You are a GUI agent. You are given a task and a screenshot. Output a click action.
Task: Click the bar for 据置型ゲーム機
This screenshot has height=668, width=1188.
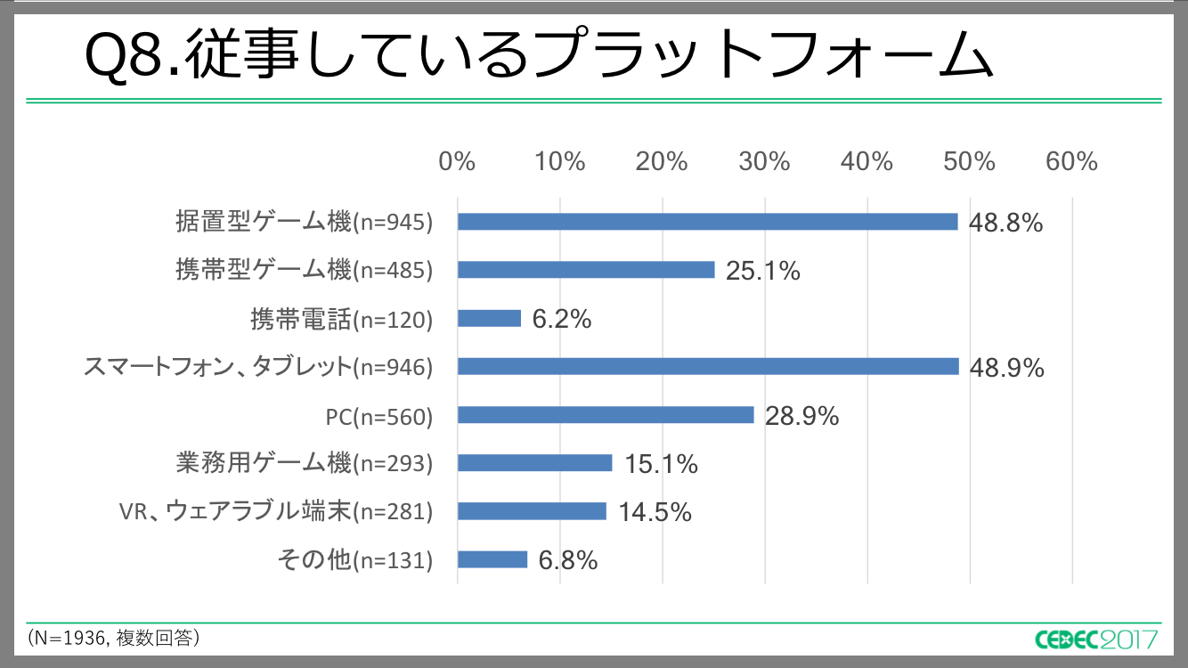pyautogui.click(x=707, y=222)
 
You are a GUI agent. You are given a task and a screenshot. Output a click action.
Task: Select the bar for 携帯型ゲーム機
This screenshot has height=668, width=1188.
pyautogui.click(x=586, y=270)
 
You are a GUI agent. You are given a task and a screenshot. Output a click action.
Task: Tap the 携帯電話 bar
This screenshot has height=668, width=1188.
pyautogui.click(x=489, y=318)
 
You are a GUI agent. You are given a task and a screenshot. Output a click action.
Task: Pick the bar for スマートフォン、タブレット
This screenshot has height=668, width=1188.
pyautogui.click(x=708, y=366)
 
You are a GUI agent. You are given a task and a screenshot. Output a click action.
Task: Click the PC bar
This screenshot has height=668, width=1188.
pyautogui.click(x=606, y=415)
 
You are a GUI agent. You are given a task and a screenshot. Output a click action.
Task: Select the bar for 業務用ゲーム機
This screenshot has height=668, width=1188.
pyautogui.click(x=534, y=463)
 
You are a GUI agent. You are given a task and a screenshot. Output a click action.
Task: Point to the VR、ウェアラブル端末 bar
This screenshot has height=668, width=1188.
pyautogui.click(x=532, y=511)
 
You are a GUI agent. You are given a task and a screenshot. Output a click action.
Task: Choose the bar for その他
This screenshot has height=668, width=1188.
pyautogui.click(x=492, y=559)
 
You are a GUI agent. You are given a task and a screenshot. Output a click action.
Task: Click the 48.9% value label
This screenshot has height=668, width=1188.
pyautogui.click(x=1006, y=367)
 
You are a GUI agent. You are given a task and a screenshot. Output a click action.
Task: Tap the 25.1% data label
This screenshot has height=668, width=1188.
pyautogui.click(x=762, y=271)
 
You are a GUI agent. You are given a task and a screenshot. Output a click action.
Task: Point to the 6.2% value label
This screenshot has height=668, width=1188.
pyautogui.click(x=562, y=319)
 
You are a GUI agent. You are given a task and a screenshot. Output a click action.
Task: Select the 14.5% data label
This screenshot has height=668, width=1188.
pyautogui.click(x=655, y=512)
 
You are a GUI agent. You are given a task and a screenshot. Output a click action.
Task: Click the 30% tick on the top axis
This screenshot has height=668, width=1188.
pyautogui.click(x=765, y=162)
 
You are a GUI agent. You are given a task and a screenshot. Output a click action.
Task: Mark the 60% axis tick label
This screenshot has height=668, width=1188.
pyautogui.click(x=1072, y=162)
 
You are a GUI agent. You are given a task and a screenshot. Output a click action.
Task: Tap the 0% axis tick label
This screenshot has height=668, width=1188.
pyautogui.click(x=458, y=162)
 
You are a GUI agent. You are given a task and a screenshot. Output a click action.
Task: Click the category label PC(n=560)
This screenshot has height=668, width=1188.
pyautogui.click(x=379, y=416)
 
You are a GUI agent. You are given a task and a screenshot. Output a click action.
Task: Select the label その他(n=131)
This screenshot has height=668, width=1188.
pyautogui.click(x=355, y=560)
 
